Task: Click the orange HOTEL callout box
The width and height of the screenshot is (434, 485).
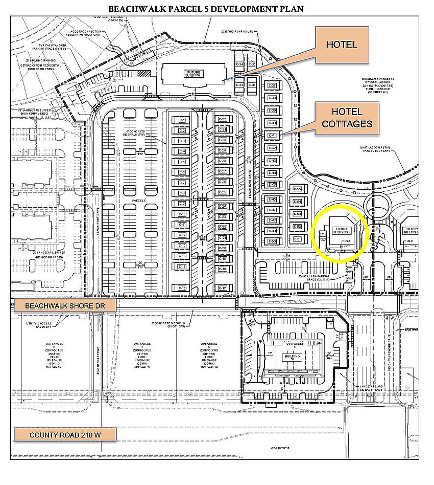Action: coord(342,46)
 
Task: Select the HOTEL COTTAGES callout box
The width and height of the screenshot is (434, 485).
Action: coord(347,118)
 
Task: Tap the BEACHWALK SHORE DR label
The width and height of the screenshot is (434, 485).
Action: coord(65,305)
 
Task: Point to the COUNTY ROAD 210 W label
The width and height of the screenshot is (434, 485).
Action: coord(65,435)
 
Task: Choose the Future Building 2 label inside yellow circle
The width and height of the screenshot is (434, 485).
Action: coord(341,231)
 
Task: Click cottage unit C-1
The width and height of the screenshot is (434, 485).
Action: coord(181,120)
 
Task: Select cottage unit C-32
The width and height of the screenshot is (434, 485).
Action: coord(223,119)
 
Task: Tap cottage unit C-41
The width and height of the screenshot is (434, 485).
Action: coord(272,136)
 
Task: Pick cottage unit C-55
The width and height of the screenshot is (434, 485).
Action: coord(298,190)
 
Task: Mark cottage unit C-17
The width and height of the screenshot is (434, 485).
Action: coord(223,289)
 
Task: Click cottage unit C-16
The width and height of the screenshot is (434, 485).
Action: coord(181,289)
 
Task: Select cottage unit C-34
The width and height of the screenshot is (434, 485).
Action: coord(239,64)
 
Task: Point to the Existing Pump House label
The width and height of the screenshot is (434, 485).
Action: coord(237,32)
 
